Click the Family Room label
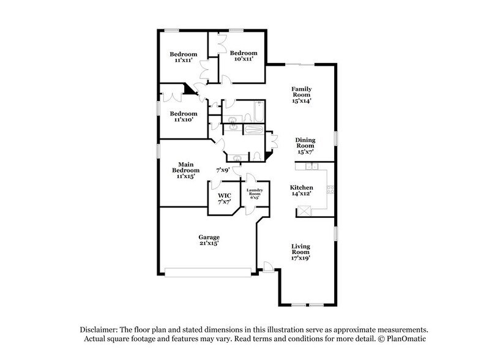[301, 95]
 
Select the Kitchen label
[302, 190]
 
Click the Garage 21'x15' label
[209, 240]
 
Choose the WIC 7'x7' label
[224, 198]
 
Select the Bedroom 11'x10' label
[184, 116]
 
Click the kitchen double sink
[310, 166]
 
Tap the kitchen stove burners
[330, 189]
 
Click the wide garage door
[209, 272]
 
